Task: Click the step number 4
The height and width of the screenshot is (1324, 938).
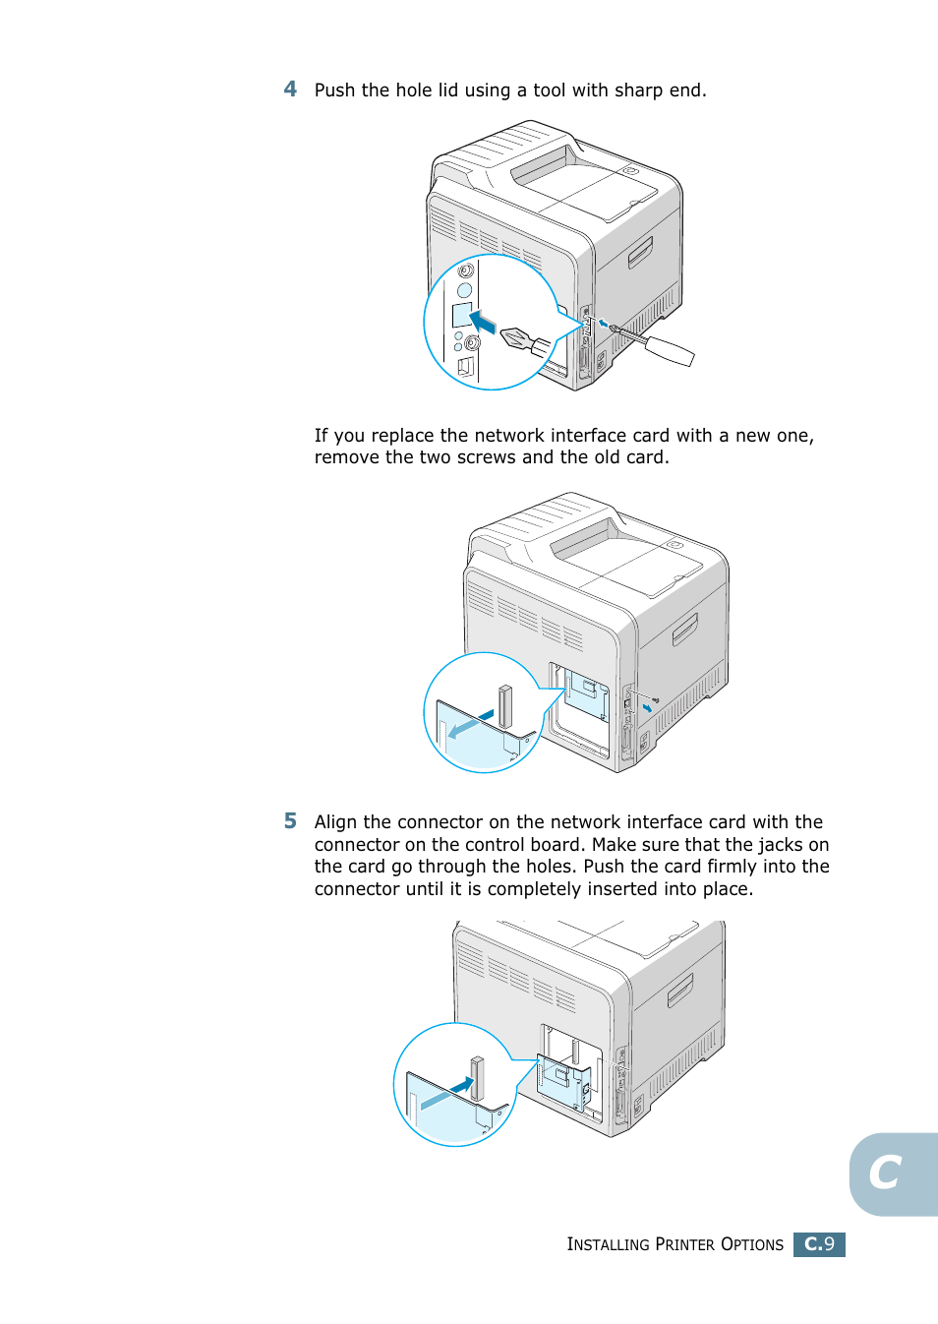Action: tap(290, 89)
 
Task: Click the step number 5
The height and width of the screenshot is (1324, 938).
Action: tap(290, 820)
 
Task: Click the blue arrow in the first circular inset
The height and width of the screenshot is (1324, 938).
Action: tap(482, 322)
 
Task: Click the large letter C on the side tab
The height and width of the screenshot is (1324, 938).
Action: tap(885, 1173)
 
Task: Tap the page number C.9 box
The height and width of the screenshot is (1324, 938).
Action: tap(819, 1244)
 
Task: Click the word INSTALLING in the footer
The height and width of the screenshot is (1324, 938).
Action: tap(608, 1244)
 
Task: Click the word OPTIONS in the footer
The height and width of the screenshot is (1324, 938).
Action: tap(752, 1244)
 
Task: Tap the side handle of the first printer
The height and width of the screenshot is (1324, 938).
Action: tap(640, 252)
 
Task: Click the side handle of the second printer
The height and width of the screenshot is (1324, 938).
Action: tap(684, 630)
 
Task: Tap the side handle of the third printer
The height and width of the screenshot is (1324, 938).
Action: tap(679, 990)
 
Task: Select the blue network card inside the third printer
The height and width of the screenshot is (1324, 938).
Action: tap(562, 1082)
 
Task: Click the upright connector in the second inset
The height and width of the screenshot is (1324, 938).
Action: tap(505, 705)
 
